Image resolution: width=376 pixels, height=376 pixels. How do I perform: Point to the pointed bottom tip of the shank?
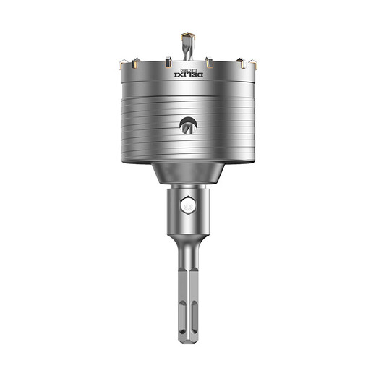point(188,344)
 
